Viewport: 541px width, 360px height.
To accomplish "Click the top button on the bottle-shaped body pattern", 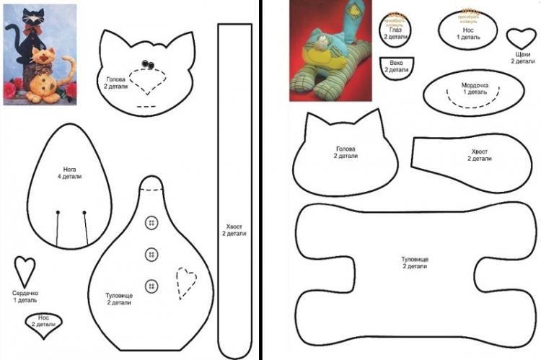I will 151,222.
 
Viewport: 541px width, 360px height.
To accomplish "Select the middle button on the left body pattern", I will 151,254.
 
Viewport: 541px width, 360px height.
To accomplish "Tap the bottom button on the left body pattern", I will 151,285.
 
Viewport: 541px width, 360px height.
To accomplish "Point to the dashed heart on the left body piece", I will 186,283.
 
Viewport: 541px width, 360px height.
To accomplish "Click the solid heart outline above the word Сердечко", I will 25,271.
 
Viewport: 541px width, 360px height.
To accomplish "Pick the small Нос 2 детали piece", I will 43,321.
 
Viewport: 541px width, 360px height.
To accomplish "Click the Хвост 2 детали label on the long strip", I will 234,229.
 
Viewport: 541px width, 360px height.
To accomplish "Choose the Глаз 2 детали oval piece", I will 395,30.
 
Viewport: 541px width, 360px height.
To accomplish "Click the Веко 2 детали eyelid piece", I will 396,66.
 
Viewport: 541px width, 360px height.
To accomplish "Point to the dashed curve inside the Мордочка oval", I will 474,105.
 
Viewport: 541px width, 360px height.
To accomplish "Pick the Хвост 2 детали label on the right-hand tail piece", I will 480,155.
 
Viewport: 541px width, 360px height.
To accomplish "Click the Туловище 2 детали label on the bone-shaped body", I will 415,262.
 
